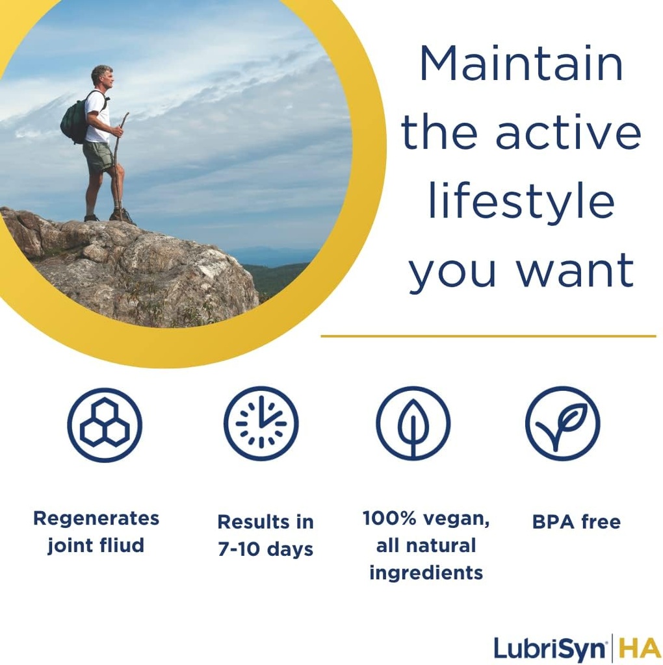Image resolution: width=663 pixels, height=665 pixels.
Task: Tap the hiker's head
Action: coord(103,77)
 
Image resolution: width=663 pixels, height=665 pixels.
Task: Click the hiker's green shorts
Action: coord(99,157)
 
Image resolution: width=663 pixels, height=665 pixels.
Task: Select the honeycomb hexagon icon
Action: coord(105,425)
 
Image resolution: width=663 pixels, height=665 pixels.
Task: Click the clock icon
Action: coord(261,424)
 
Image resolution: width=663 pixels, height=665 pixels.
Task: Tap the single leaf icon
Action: coord(413,424)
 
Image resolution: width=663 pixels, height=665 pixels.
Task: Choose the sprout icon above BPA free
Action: coord(562,424)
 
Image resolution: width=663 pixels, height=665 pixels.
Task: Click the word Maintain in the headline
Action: coord(521,64)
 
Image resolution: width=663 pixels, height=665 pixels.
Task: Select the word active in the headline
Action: coord(568,132)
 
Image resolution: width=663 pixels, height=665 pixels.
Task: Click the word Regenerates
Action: coord(96,519)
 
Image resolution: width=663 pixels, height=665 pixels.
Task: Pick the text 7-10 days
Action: coord(265,549)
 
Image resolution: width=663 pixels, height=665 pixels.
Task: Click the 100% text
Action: coord(388,519)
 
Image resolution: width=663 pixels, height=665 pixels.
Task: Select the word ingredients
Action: coord(426,573)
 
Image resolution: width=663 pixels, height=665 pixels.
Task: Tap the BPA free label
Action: coord(576,522)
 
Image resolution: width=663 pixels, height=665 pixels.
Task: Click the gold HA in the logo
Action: coord(638,649)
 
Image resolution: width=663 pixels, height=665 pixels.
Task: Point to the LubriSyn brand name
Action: coord(550,649)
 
